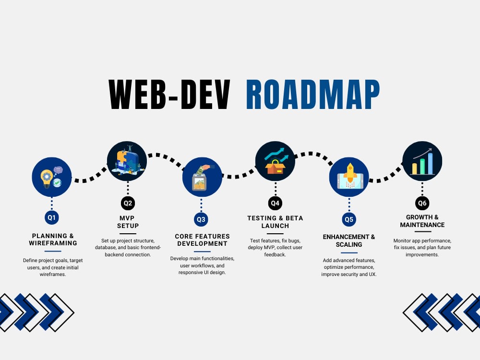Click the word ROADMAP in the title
click(x=313, y=94)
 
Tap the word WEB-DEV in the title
click(x=169, y=94)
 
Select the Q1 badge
click(x=51, y=217)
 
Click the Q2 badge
click(x=128, y=203)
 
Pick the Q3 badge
click(x=201, y=219)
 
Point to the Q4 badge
click(x=275, y=203)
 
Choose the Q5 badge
click(x=349, y=219)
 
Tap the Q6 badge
click(x=422, y=203)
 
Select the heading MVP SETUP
click(x=128, y=222)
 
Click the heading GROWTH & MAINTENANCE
click(x=422, y=221)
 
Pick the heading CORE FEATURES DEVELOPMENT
click(x=202, y=240)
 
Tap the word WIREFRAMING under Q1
click(x=53, y=243)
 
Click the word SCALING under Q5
click(x=349, y=245)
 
